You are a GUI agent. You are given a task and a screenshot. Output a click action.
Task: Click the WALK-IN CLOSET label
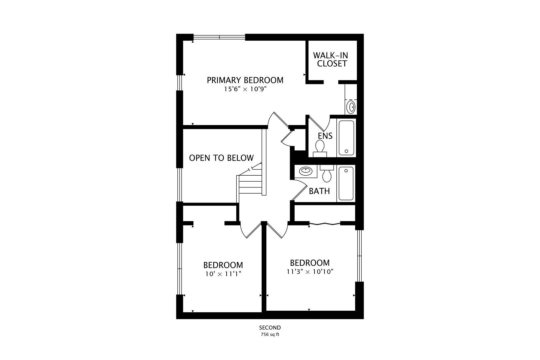(332, 59)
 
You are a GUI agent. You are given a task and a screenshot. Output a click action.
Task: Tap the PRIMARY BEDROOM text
(245, 80)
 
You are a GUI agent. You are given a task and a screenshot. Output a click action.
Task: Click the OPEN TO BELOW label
(221, 158)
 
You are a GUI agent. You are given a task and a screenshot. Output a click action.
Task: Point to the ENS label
(325, 136)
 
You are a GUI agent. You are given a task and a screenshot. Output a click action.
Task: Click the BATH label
(319, 191)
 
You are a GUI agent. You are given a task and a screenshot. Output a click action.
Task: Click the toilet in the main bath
(327, 174)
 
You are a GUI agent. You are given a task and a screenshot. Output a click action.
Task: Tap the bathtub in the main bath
(346, 183)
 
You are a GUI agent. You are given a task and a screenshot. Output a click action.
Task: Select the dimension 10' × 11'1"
(223, 274)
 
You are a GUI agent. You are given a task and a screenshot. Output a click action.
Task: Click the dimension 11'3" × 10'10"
(310, 272)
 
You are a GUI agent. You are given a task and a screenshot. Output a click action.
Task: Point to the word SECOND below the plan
(270, 328)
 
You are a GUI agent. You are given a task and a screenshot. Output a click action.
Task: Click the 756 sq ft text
(270, 335)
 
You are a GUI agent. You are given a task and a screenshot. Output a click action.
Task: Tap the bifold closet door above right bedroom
(325, 224)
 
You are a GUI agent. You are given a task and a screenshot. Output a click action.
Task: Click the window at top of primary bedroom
(219, 37)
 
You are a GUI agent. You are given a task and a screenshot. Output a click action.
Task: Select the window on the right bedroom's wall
(359, 256)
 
